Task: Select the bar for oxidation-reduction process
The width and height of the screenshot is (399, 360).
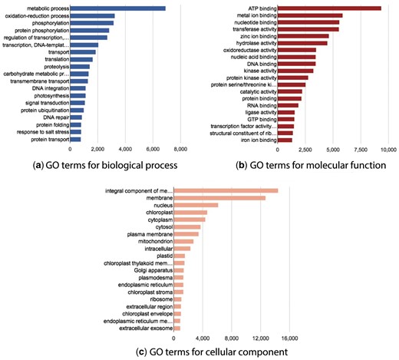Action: pos(92,15)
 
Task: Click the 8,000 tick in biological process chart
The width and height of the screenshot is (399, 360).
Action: pos(181,149)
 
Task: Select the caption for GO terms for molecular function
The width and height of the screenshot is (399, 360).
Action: pos(305,165)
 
